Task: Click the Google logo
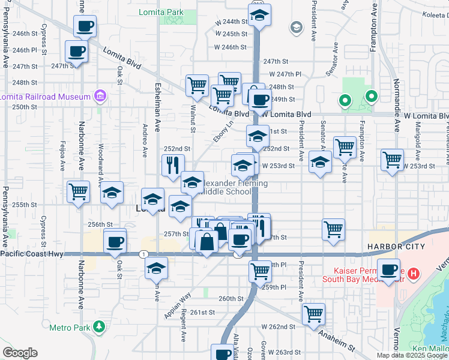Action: [20, 353]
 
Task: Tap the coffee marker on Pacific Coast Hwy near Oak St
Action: [115, 242]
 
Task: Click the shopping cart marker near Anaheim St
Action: [313, 313]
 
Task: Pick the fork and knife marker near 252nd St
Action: [173, 164]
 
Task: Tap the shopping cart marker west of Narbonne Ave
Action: [78, 193]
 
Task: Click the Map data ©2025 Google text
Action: [412, 355]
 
